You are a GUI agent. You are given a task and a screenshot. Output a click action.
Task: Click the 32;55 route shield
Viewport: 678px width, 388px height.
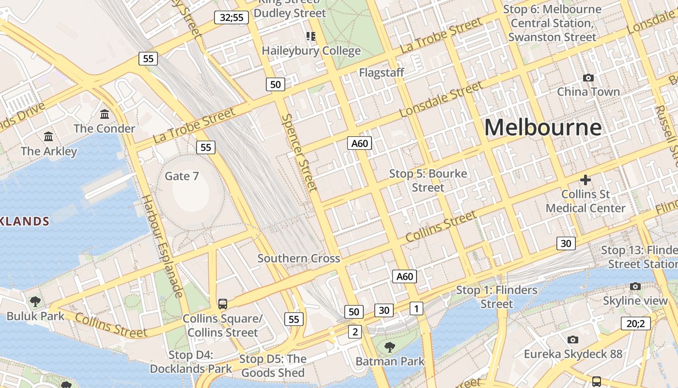pyautogui.click(x=231, y=18)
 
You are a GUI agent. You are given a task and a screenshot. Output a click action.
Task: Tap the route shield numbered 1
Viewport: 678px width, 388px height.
pyautogui.click(x=416, y=308)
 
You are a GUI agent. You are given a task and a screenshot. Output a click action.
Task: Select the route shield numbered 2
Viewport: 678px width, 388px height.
pyautogui.click(x=355, y=332)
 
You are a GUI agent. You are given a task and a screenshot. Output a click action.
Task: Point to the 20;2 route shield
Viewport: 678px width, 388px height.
pyautogui.click(x=635, y=323)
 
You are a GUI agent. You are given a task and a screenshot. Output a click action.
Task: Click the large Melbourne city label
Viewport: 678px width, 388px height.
pyautogui.click(x=543, y=128)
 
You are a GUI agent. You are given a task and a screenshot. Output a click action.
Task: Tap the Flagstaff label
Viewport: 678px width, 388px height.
pyautogui.click(x=382, y=73)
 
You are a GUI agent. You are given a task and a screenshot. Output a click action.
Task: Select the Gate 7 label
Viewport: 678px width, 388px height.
pyautogui.click(x=182, y=176)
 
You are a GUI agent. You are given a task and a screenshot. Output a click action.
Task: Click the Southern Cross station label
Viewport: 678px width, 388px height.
pyautogui.click(x=299, y=259)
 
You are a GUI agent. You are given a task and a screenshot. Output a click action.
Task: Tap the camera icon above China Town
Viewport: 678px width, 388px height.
pyautogui.click(x=588, y=78)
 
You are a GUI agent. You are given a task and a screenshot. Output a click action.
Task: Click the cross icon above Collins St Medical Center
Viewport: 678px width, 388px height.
pyautogui.click(x=586, y=180)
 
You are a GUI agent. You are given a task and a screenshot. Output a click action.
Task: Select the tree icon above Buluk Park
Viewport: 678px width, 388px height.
pyautogui.click(x=35, y=302)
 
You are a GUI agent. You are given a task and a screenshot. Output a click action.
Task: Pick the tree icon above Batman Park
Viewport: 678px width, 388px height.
pyautogui.click(x=389, y=347)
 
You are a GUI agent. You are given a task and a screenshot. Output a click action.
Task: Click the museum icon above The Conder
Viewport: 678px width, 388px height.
pyautogui.click(x=104, y=114)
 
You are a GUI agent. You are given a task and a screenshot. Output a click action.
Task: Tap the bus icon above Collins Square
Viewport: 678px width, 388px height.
pyautogui.click(x=222, y=304)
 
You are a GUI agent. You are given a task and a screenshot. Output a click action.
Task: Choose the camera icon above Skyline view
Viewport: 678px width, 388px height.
pyautogui.click(x=635, y=287)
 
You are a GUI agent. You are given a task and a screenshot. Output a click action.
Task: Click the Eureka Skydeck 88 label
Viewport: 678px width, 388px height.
pyautogui.click(x=573, y=354)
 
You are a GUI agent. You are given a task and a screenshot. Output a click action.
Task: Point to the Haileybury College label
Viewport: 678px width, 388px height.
pyautogui.click(x=311, y=51)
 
